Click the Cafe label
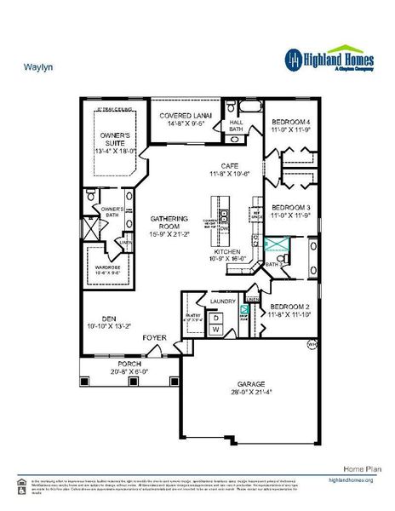pos(228,165)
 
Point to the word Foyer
pos(154,337)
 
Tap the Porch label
pos(129,363)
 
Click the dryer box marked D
pos(216,318)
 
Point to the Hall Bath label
pos(238,125)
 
